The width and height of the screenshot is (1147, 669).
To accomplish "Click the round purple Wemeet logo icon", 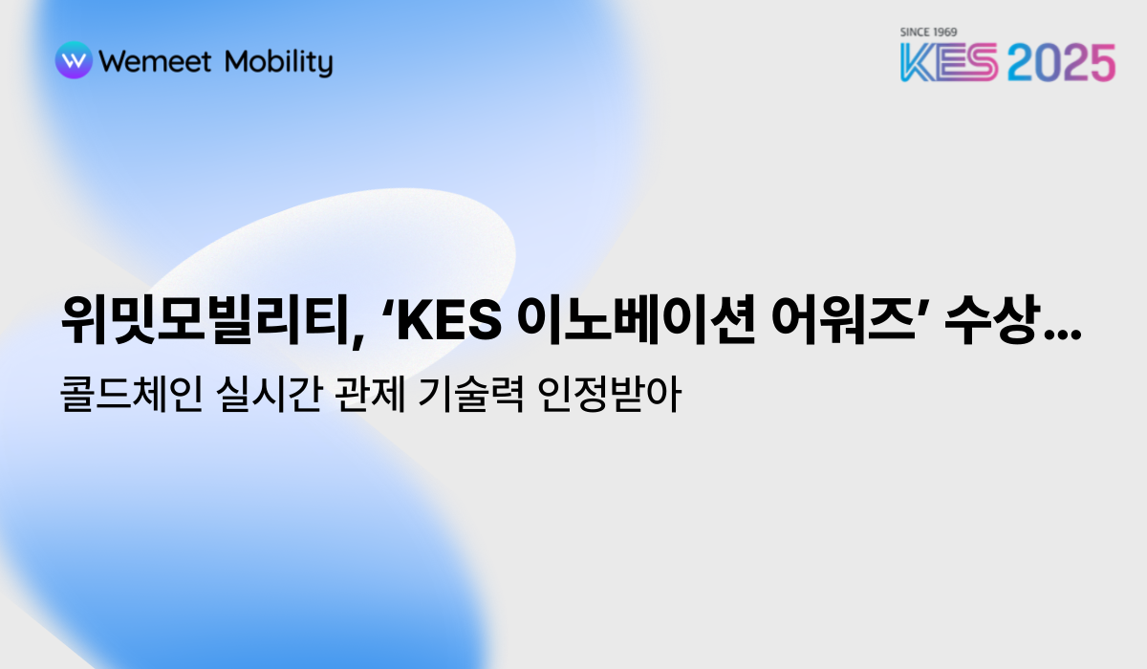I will (x=74, y=61).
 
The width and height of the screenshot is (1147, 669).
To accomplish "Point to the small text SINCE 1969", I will (x=929, y=32).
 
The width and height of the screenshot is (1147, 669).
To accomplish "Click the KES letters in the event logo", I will (x=949, y=63).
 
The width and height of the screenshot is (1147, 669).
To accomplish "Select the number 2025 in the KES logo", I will (x=1061, y=63).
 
